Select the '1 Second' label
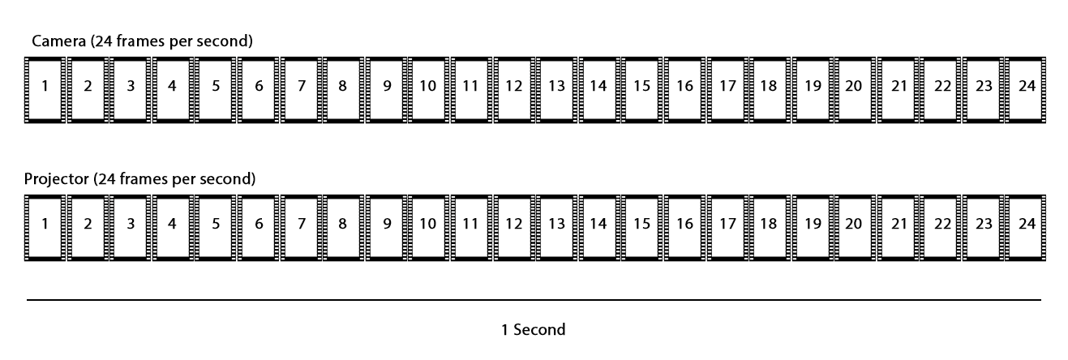point(533,330)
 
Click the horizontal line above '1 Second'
point(534,300)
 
